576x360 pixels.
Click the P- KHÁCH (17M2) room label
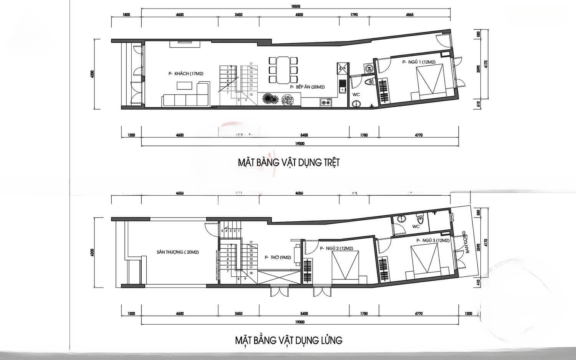pyautogui.click(x=183, y=74)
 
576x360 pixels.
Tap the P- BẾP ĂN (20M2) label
pyautogui.click(x=308, y=87)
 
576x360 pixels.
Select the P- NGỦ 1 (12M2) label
pyautogui.click(x=418, y=62)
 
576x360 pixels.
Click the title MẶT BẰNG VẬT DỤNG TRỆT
pyautogui.click(x=288, y=163)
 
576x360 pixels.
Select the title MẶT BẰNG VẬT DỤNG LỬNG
pyautogui.click(x=288, y=340)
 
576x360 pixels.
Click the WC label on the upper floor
pyautogui.click(x=416, y=226)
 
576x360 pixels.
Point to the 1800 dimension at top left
pyautogui.click(x=126, y=15)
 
